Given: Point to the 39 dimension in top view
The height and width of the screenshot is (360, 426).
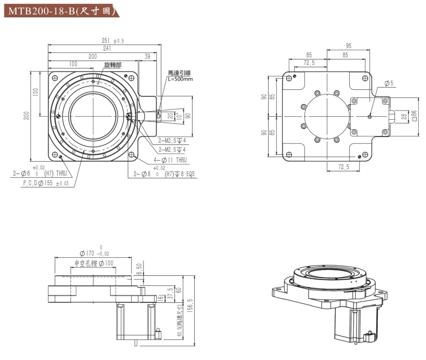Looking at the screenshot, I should point(147,56).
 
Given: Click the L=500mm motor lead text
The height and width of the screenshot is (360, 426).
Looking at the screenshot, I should point(180,79).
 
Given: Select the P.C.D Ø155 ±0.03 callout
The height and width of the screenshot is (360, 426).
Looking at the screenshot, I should point(46,184).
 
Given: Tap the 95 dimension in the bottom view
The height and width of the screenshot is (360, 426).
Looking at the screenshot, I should point(348,46).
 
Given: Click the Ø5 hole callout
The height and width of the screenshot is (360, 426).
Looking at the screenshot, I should point(389,83).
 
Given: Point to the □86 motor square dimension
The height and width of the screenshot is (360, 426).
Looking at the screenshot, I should point(414,115).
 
